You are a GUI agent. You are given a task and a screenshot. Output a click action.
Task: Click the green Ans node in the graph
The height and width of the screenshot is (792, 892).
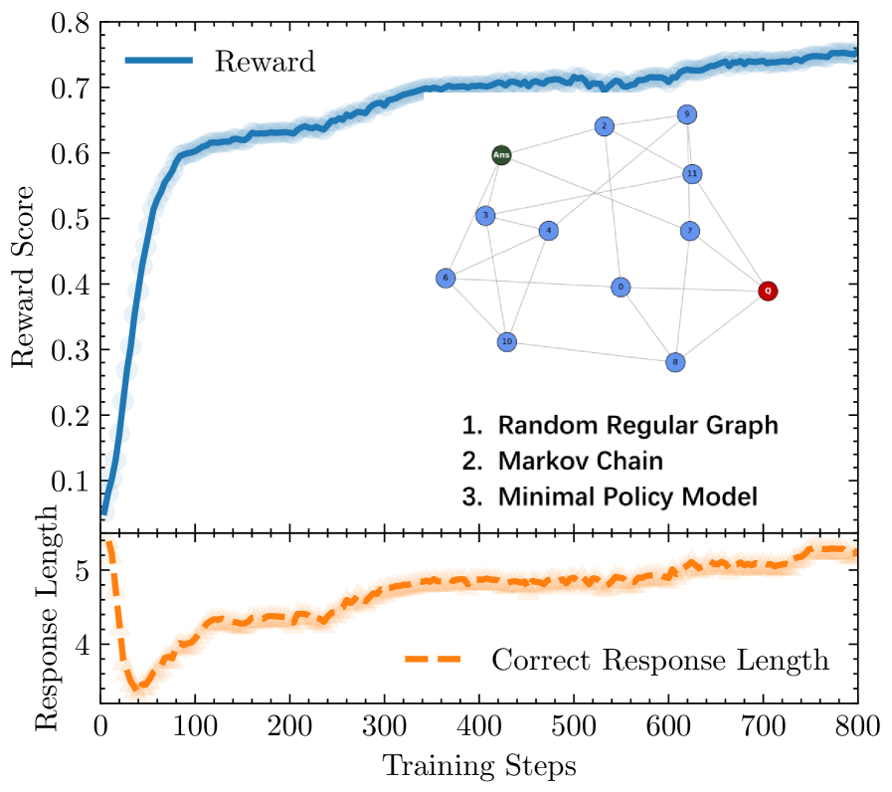click(502, 155)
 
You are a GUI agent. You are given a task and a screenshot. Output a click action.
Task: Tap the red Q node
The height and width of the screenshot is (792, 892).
click(767, 292)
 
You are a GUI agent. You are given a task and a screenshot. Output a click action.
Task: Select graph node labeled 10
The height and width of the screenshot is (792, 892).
click(507, 342)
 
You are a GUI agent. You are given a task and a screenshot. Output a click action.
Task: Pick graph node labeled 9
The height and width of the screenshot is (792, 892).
click(686, 115)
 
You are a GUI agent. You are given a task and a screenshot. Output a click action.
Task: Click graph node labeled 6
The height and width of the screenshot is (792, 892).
click(446, 279)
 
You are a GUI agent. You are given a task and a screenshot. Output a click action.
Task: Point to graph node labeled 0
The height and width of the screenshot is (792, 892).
click(621, 288)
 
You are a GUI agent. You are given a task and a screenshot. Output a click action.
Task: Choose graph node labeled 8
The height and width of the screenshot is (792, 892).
click(675, 362)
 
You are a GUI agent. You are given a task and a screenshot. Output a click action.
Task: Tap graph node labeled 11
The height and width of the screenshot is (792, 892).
click(693, 174)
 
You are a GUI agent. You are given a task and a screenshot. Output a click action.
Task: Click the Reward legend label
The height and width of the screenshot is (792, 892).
click(265, 62)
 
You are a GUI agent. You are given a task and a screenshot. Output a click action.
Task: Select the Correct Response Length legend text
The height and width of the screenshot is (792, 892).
click(660, 660)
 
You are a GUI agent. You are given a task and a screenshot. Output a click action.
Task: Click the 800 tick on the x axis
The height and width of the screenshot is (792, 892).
click(856, 723)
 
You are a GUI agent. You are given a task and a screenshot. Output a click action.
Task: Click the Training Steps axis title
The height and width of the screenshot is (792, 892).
click(478, 766)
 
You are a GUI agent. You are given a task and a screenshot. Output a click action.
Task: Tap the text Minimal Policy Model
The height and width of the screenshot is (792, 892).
click(617, 495)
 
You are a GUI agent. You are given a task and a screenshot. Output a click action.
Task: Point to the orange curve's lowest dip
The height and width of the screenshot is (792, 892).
click(138, 686)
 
